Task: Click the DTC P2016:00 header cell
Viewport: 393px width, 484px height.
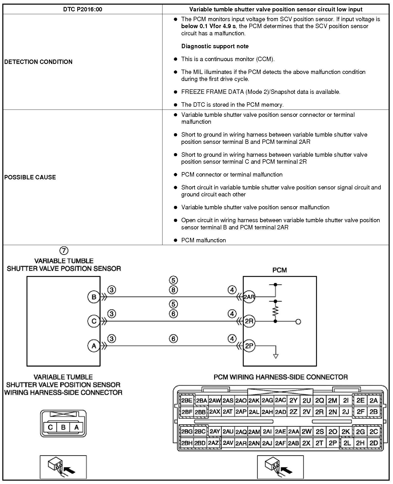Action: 82,10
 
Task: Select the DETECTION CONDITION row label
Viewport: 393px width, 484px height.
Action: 38,62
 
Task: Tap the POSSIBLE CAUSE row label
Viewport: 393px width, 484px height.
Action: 30,177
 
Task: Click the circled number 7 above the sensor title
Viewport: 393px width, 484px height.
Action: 64,250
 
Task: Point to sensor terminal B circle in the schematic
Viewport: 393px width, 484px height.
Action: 94,297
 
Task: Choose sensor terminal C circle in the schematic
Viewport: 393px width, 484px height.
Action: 94,321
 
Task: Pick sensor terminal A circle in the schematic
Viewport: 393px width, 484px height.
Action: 94,346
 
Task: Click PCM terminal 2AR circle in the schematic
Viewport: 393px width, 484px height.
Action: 249,297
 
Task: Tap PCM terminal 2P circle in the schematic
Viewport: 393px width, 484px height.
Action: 249,346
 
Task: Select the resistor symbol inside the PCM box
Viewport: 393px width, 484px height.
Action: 275,311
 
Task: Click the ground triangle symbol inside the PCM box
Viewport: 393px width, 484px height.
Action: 276,356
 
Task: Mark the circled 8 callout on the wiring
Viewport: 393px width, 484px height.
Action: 173,290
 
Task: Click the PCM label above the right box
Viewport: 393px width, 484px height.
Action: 279,270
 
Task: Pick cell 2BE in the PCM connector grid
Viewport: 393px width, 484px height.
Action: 187,400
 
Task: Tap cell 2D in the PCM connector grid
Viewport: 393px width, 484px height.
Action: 373,443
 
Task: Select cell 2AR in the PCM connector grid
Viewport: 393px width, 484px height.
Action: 241,443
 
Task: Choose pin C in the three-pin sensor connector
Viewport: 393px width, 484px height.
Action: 50,427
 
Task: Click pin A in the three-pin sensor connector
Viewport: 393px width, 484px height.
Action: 76,427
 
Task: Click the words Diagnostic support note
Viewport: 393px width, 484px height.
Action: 215,46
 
